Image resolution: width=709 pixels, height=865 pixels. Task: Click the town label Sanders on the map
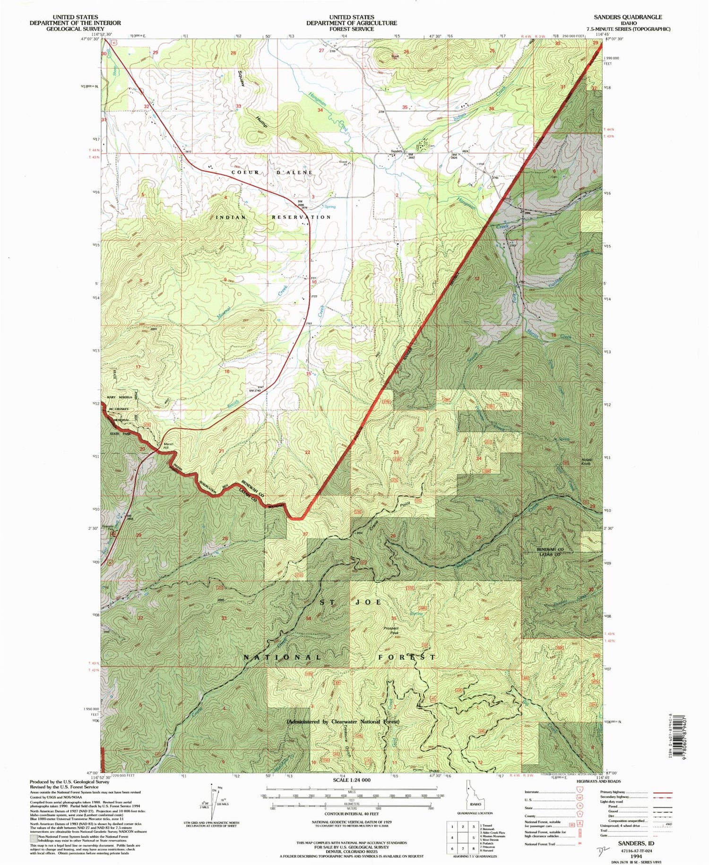396,152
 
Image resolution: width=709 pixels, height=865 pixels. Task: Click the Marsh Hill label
169,446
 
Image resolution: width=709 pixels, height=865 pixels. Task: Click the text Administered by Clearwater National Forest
343,722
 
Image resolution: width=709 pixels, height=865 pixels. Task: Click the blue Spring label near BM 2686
329,207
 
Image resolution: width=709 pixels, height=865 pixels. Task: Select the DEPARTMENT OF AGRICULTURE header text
351,23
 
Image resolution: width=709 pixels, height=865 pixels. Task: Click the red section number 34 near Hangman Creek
320,110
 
